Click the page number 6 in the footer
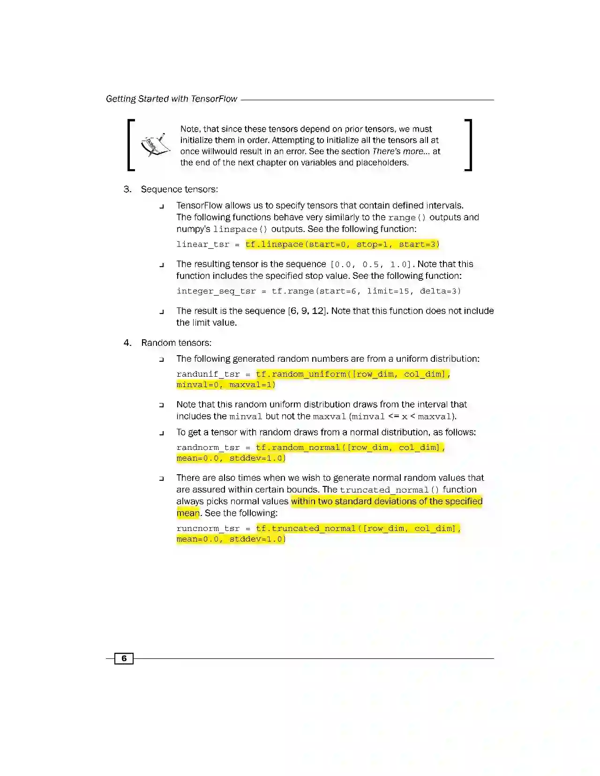pos(124,658)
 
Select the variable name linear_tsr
pos(203,245)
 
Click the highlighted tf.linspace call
pos(342,245)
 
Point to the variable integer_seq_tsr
pos(216,291)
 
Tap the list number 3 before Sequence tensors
pos(127,189)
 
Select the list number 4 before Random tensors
pos(127,343)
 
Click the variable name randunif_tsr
pos(208,374)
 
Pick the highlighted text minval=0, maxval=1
pos(226,385)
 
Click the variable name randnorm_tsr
pos(208,448)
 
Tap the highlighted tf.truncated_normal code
pos(358,529)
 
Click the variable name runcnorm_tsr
pos(208,529)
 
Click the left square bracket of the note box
pos(131,145)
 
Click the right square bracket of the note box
pos(468,145)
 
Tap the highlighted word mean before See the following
pos(188,513)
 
